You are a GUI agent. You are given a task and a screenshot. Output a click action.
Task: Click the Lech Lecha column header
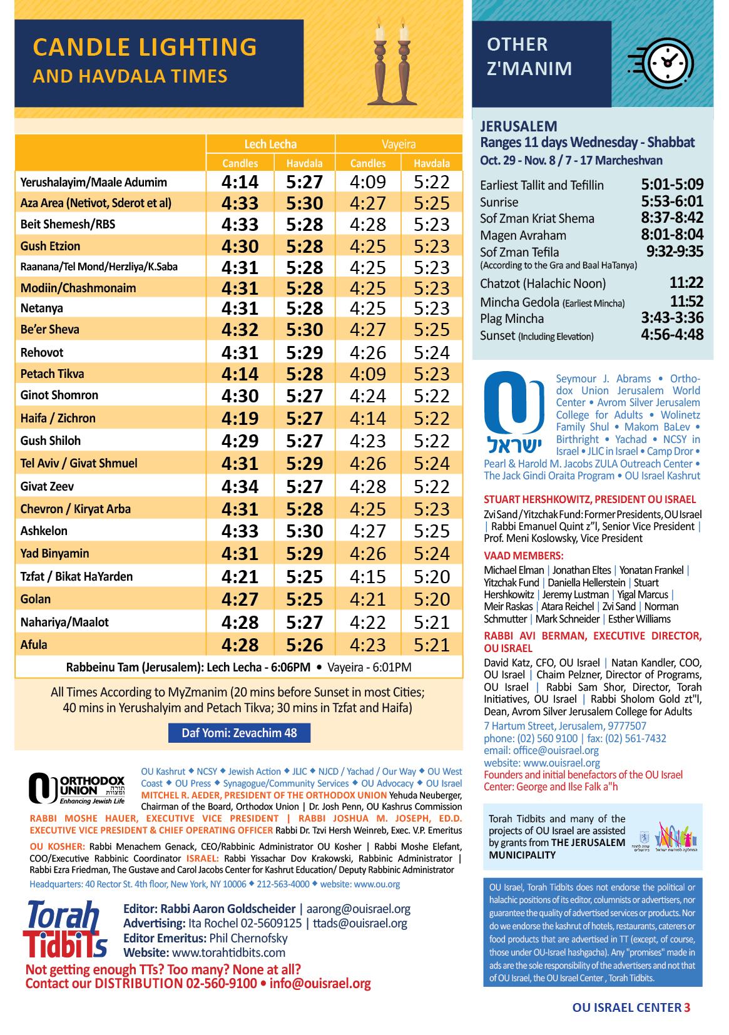coord(270,144)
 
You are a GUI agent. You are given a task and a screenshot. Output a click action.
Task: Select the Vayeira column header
coord(399,144)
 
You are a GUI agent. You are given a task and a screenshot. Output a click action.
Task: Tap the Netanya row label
coord(41,308)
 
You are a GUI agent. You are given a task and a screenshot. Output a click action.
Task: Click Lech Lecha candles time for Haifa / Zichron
coord(240,418)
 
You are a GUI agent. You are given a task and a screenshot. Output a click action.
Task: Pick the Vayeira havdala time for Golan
coord(432,599)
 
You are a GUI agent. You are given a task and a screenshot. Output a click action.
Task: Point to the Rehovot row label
coord(42,352)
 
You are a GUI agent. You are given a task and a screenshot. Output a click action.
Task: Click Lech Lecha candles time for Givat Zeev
coord(240,486)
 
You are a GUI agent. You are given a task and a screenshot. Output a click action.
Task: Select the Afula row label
coord(34,645)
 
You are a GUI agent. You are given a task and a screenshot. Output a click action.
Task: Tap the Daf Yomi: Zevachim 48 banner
coord(239,733)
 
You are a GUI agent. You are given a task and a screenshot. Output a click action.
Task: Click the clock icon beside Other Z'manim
coord(663,61)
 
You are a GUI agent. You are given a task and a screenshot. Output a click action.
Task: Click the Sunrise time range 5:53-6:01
coord(672,201)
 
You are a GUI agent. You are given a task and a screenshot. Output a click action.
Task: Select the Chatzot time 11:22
coord(686,283)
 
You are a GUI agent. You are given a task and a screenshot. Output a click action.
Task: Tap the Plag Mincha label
coord(512,319)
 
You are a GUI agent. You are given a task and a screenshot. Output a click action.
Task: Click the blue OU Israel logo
coord(514,413)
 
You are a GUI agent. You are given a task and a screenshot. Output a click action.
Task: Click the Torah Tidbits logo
coord(66,929)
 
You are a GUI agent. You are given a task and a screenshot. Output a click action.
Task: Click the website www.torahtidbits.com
coord(228,953)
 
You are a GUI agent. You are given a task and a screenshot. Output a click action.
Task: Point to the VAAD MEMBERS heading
coord(524,556)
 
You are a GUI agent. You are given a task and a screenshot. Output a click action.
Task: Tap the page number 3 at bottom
coord(687,1007)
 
